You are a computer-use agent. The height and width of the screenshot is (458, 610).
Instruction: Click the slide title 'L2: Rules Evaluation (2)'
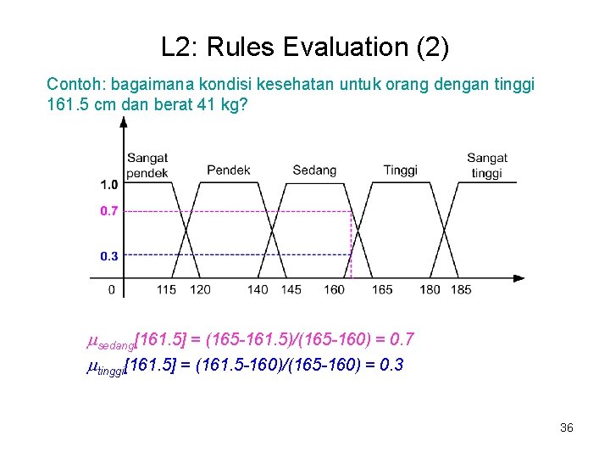[x=305, y=47]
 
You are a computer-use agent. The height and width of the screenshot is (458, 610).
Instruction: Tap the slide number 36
[x=567, y=427]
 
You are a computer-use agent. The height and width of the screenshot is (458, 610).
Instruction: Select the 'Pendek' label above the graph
[x=229, y=170]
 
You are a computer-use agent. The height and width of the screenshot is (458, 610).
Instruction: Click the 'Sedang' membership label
[x=314, y=170]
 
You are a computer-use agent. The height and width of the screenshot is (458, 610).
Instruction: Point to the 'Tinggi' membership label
[x=400, y=170]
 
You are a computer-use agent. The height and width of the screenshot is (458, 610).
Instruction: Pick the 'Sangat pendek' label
[x=147, y=165]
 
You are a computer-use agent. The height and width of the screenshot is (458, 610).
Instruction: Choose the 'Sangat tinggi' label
[x=486, y=165]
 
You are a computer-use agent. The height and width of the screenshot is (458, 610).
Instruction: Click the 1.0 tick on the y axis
[x=108, y=185]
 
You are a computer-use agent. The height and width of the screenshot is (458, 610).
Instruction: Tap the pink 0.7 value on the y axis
[x=108, y=211]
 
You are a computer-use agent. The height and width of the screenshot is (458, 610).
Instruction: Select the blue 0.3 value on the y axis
[x=108, y=255]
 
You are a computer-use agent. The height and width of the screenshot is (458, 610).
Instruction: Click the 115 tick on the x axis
[x=166, y=290]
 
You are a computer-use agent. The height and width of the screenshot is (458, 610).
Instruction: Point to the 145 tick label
[x=291, y=290]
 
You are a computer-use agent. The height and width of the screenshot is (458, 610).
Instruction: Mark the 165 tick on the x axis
[x=382, y=290]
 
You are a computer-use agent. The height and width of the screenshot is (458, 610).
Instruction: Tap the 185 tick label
[x=462, y=290]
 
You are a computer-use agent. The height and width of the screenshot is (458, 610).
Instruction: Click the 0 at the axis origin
[x=112, y=290]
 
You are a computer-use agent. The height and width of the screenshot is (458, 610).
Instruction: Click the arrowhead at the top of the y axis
[x=124, y=121]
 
